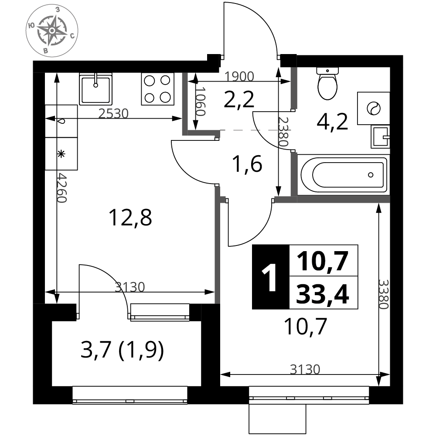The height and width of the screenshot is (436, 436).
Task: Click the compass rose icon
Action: (x=52, y=31)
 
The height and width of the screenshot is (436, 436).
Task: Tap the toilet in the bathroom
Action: (x=327, y=83)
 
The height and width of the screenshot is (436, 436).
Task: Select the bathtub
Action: (x=344, y=175)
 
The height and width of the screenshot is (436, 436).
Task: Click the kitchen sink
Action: (x=95, y=89)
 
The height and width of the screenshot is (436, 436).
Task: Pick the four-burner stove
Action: (x=158, y=89)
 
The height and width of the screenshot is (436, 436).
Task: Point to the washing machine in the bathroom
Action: (x=374, y=108)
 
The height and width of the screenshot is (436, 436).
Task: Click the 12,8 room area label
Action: (x=130, y=218)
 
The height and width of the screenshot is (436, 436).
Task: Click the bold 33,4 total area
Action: (x=323, y=293)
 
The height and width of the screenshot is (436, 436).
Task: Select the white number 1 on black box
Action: (x=270, y=277)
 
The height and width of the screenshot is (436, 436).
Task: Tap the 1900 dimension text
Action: (x=239, y=76)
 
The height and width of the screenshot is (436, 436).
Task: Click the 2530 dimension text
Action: (x=113, y=113)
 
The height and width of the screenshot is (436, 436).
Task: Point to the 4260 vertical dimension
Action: (x=62, y=187)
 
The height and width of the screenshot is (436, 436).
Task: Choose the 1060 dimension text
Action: (x=200, y=102)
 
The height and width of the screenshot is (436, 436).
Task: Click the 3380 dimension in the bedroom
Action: (x=383, y=294)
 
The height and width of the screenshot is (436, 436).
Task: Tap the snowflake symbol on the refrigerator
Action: (x=61, y=154)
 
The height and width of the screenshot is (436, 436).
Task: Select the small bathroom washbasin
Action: (x=380, y=136)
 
